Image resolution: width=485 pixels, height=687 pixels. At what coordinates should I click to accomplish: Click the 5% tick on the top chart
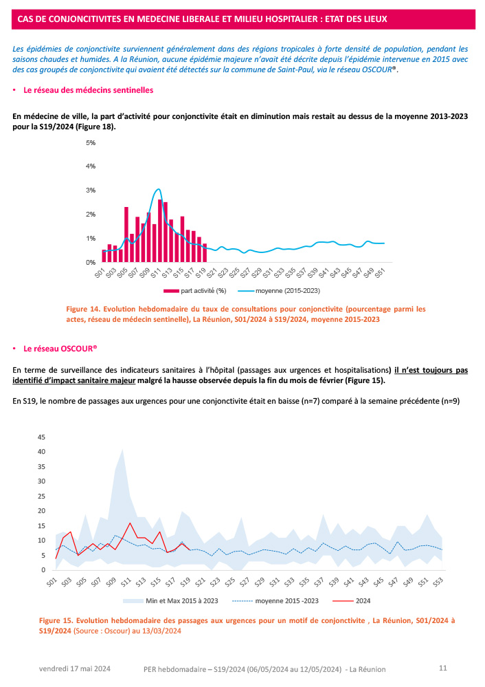[89, 142]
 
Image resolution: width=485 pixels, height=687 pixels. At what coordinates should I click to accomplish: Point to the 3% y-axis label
[89, 190]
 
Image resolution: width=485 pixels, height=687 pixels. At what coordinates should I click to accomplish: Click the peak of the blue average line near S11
[159, 189]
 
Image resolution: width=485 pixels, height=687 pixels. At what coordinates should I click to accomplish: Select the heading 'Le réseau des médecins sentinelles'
[88, 90]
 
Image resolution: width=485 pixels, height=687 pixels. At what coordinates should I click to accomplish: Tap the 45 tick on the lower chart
[41, 437]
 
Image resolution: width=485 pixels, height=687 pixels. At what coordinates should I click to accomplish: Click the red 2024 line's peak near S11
[130, 523]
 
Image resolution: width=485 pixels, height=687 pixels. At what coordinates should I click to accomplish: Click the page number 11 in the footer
[443, 668]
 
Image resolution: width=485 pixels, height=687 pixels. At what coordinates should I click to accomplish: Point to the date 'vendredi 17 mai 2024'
[75, 668]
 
